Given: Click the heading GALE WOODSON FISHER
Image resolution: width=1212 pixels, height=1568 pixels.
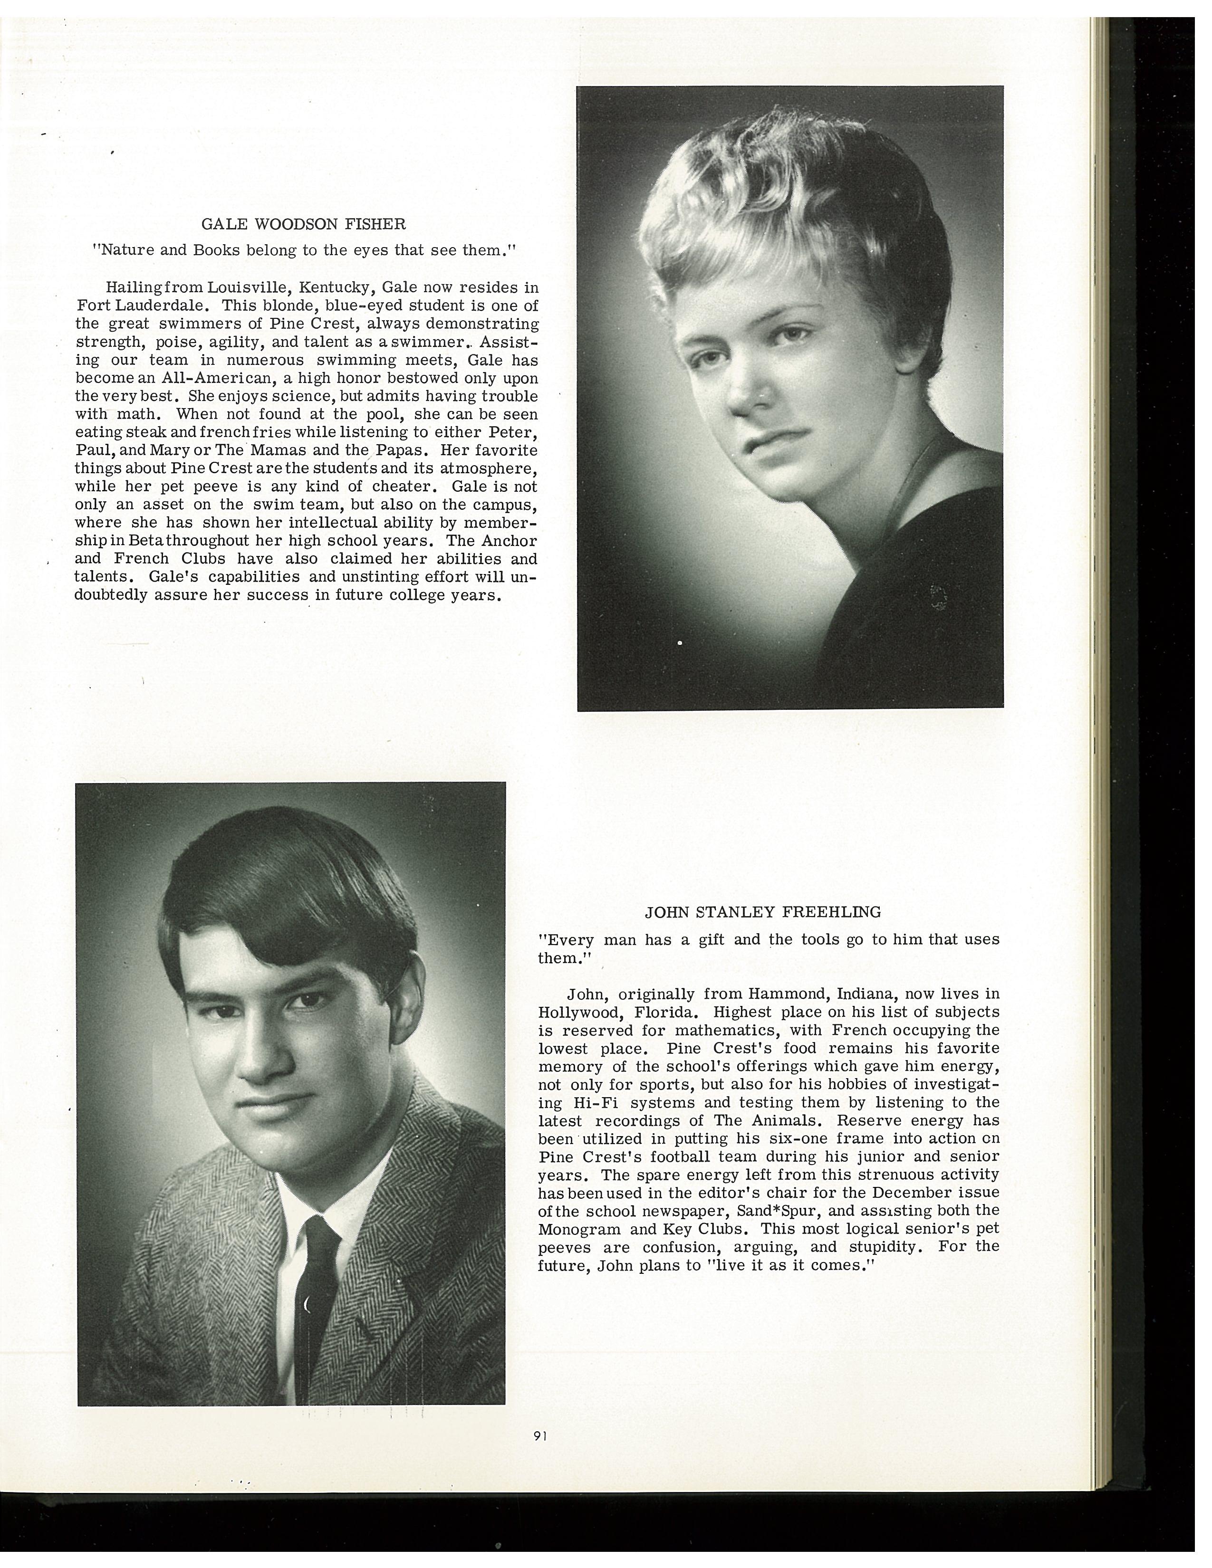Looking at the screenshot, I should (303, 224).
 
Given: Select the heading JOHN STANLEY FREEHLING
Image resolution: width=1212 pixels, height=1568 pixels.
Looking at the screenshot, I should (762, 912).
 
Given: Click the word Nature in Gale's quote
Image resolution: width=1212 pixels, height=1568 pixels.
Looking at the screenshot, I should (124, 250).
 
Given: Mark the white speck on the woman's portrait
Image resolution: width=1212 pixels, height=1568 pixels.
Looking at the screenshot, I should (679, 643).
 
